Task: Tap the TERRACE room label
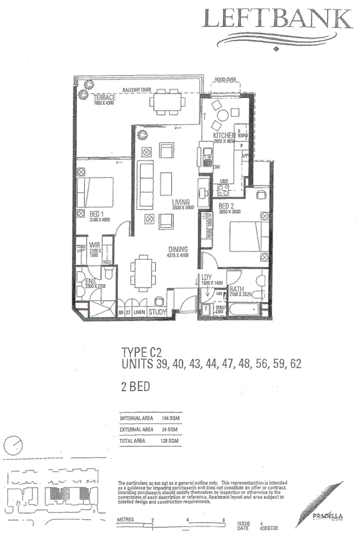[104, 97]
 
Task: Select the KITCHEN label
[224, 136]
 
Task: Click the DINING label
[178, 249]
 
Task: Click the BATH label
[238, 288]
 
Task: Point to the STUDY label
[157, 312]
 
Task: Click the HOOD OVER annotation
[224, 80]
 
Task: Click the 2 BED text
[136, 386]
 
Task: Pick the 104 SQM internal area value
[170, 417]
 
